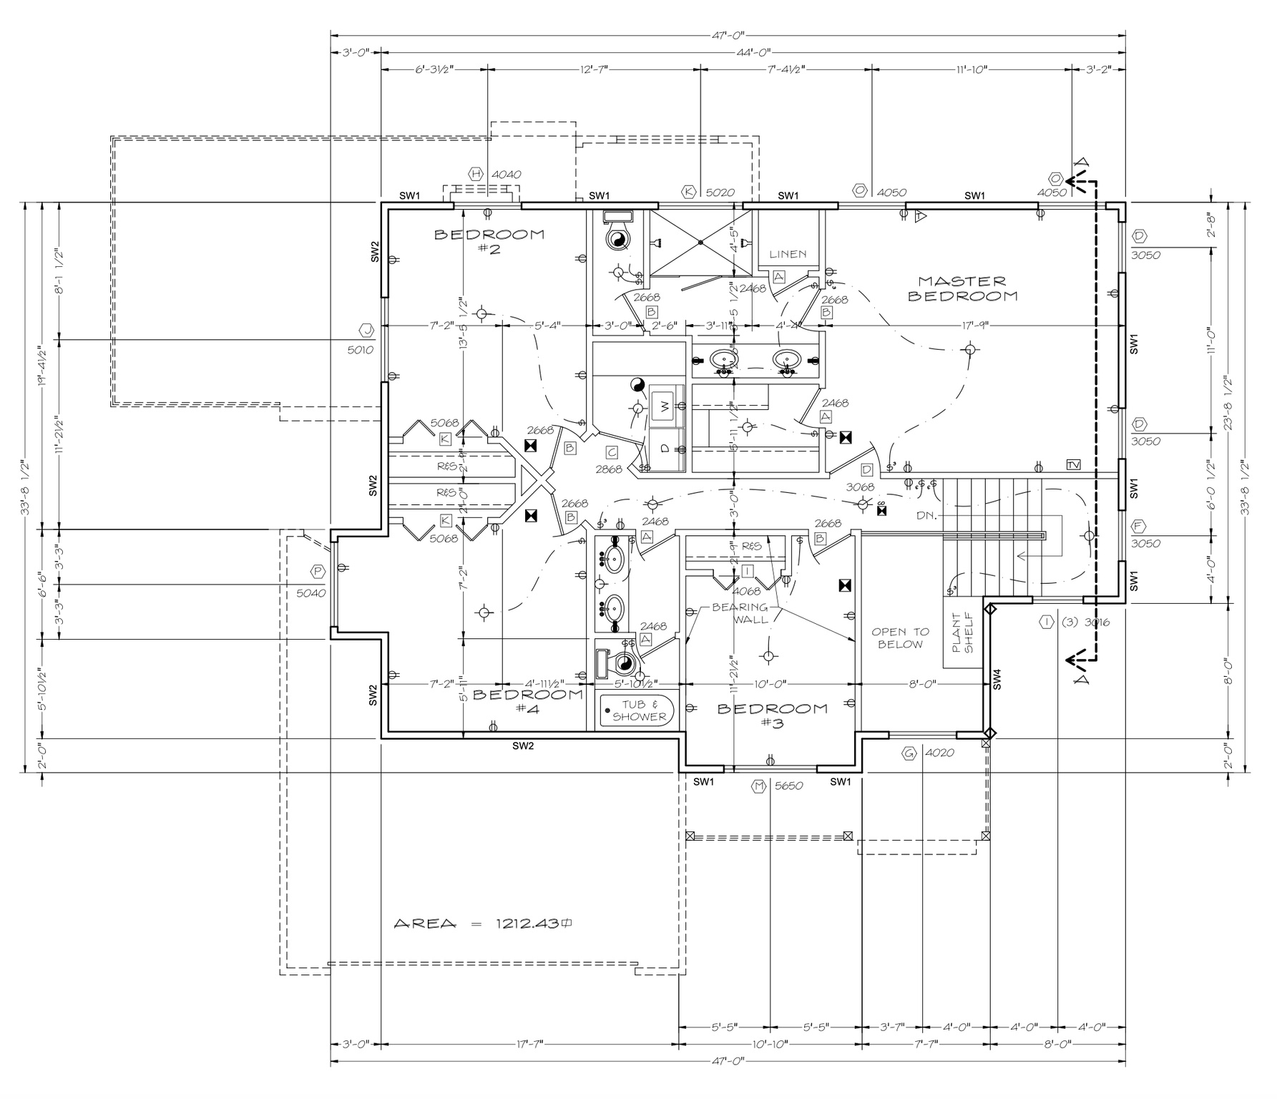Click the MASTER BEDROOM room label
(x=962, y=289)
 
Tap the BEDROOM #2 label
(x=489, y=241)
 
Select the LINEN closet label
(x=788, y=254)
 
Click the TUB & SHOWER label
(x=639, y=710)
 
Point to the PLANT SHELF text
(x=963, y=632)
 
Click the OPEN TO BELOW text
(x=900, y=638)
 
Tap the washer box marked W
(x=665, y=406)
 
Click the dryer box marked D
(x=665, y=449)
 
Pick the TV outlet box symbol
(x=1073, y=464)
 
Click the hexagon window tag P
(x=317, y=571)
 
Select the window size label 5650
(x=788, y=786)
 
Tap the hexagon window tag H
(x=476, y=174)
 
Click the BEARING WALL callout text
(x=740, y=613)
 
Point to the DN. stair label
(x=926, y=515)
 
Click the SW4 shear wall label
(x=997, y=679)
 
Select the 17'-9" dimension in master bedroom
(x=974, y=326)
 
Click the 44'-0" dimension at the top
(x=752, y=52)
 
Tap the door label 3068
(x=860, y=487)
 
